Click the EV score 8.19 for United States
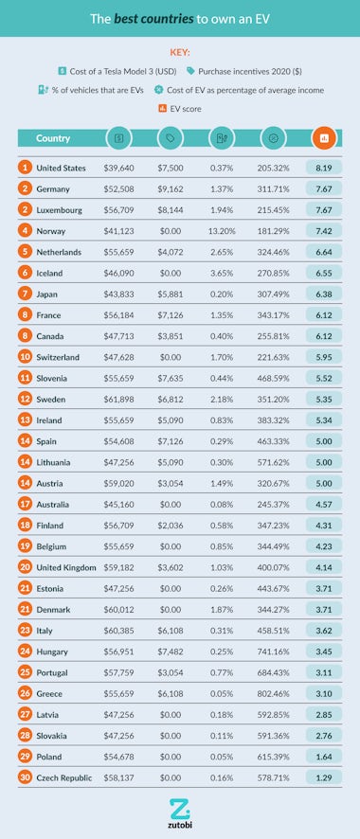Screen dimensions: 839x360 324,168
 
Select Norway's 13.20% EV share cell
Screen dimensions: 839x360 222,230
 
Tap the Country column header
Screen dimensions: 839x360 53,138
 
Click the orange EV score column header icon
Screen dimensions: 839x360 324,138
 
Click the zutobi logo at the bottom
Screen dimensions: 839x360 180,812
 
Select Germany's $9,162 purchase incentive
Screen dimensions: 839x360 171,188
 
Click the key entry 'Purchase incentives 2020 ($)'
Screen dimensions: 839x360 239,70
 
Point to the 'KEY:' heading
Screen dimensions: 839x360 180,53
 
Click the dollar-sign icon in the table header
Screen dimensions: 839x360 119,138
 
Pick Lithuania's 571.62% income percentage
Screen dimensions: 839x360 273,461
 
